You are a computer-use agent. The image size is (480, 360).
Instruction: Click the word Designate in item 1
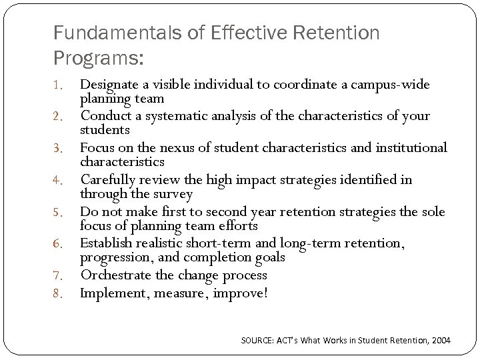pos(109,85)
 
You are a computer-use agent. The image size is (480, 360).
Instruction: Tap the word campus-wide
pos(392,85)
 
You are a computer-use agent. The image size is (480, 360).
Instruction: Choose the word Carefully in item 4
pos(108,179)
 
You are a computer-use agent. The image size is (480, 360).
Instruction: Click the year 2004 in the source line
pos(440,341)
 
